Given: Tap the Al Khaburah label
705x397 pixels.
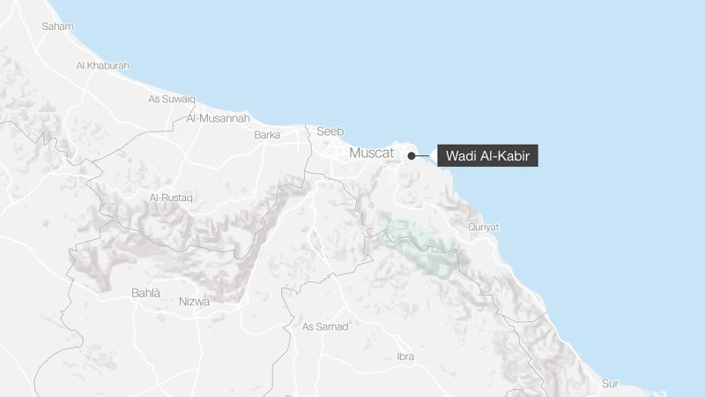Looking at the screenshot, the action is [102, 65].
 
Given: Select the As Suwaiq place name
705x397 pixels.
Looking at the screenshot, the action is [171, 99].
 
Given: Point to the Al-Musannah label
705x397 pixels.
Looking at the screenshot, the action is [218, 117].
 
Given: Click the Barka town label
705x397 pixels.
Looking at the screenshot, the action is [267, 135].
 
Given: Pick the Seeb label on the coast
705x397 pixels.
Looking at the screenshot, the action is [330, 131].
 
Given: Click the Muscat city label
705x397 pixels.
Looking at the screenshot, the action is [372, 154].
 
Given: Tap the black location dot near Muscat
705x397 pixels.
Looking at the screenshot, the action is [412, 156].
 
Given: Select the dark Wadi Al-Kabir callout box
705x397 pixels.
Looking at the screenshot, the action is [487, 155].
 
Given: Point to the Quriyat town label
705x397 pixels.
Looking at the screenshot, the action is [483, 227].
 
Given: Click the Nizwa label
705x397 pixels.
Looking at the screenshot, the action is [194, 302].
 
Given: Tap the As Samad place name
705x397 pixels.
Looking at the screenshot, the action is [325, 326].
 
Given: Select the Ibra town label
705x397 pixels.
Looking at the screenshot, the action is [404, 356].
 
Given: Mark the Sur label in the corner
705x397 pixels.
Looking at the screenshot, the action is [610, 383].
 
